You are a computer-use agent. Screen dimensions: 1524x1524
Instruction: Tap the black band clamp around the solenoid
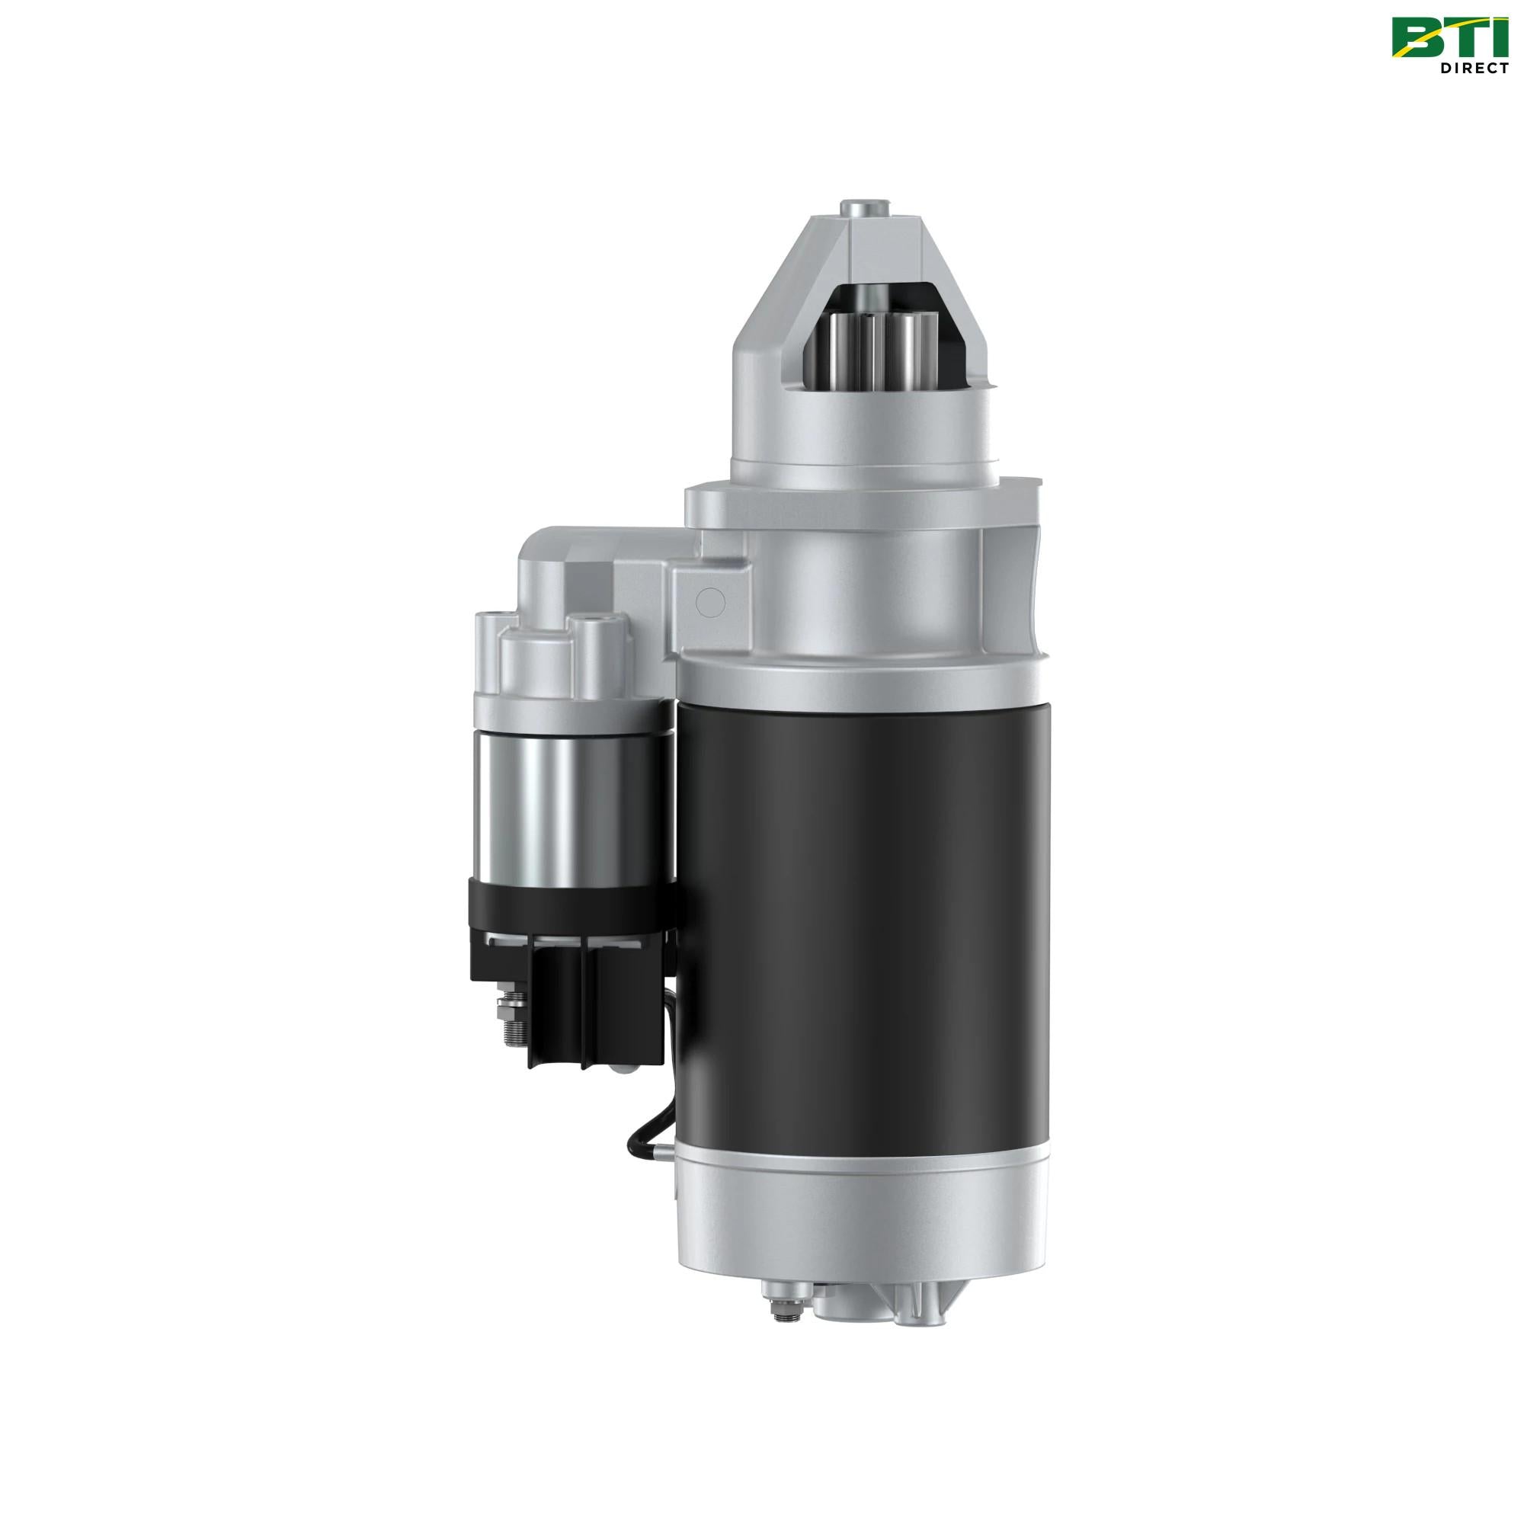click(572, 905)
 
